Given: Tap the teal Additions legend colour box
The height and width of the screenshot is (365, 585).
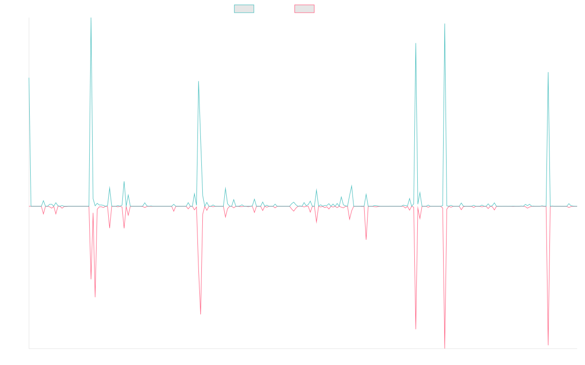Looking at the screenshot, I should (x=244, y=9).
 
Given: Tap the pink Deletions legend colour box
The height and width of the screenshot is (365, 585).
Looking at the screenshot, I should (x=305, y=9).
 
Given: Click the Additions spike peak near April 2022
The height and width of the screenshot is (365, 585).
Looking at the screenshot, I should (x=198, y=81).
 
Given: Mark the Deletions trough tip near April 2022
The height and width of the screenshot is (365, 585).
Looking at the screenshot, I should (x=201, y=314).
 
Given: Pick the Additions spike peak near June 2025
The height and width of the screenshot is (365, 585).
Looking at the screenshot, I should (x=548, y=73).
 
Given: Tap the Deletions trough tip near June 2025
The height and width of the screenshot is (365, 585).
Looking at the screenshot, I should (x=548, y=345).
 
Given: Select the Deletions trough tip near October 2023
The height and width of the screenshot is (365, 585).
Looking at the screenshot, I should (x=366, y=238).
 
